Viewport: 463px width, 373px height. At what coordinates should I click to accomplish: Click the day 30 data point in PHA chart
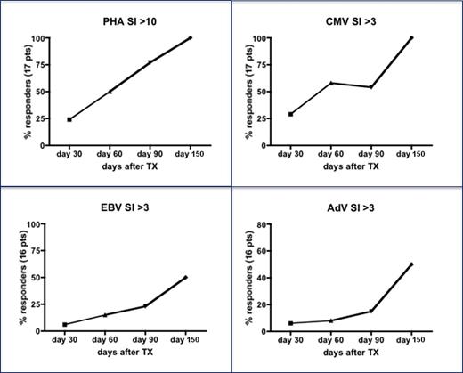[x=69, y=119]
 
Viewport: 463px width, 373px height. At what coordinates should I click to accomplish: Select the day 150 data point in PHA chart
[x=190, y=37]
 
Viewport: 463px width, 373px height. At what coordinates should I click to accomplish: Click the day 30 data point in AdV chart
[x=291, y=323]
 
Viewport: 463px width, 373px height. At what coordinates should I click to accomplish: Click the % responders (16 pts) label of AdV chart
[x=245, y=276]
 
